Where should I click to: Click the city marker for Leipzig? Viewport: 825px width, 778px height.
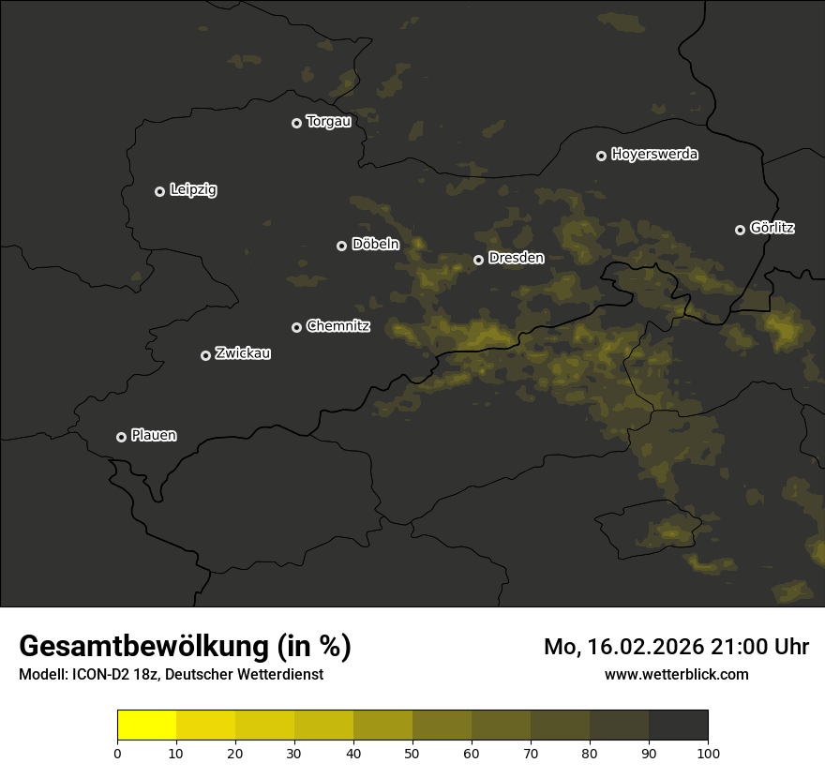pyautogui.click(x=159, y=191)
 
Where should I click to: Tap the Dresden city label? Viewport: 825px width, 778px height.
pyautogui.click(x=516, y=258)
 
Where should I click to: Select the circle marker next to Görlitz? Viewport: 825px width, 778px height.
pyautogui.click(x=740, y=230)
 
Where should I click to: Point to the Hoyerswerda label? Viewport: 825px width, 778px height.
pyautogui.click(x=654, y=155)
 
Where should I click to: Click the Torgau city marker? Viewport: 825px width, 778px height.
pyautogui.click(x=296, y=123)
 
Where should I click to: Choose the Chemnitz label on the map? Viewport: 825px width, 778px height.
pyautogui.click(x=337, y=326)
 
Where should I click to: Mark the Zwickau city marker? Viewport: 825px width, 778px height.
pyautogui.click(x=205, y=355)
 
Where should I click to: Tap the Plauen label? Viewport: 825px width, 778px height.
pyautogui.click(x=154, y=436)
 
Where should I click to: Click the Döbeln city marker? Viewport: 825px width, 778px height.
pyautogui.click(x=341, y=246)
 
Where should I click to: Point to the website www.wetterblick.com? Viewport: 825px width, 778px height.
pyautogui.click(x=677, y=674)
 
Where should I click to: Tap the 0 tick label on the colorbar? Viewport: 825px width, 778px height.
pyautogui.click(x=117, y=753)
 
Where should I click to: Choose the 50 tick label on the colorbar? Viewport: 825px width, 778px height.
pyautogui.click(x=412, y=753)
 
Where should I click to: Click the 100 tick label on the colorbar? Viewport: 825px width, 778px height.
pyautogui.click(x=708, y=753)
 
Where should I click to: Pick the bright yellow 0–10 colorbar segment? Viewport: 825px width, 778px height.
pyautogui.click(x=146, y=726)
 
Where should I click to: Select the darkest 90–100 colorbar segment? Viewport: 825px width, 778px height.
pyautogui.click(x=678, y=726)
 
